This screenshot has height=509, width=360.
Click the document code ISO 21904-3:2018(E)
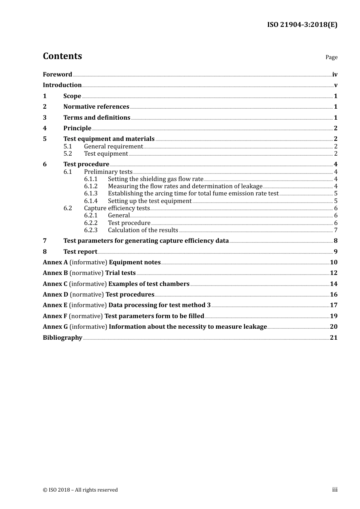(x=302, y=25)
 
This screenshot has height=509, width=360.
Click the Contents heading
(x=62, y=56)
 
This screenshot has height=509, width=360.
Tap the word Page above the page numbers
(x=331, y=57)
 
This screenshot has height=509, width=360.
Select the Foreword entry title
(x=57, y=75)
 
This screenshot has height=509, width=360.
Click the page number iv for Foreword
(x=335, y=75)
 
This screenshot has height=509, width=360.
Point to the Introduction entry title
(x=62, y=85)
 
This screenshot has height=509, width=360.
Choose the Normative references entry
(x=96, y=107)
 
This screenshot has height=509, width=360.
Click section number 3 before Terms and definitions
(x=45, y=118)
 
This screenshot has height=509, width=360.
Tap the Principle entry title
(x=77, y=128)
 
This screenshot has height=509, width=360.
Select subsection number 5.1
(x=67, y=147)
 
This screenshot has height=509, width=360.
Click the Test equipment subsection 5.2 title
(x=106, y=154)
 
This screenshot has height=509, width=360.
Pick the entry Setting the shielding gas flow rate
(x=155, y=179)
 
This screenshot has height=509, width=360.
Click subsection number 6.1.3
(x=91, y=194)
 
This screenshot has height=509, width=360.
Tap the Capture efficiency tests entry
(x=117, y=208)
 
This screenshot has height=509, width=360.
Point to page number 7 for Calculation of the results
(x=336, y=230)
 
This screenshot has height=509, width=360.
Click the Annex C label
(x=55, y=284)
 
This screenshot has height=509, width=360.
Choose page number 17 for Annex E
(x=333, y=305)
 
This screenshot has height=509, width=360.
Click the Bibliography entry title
(x=63, y=338)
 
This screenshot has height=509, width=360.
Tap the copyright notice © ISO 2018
(x=80, y=490)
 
